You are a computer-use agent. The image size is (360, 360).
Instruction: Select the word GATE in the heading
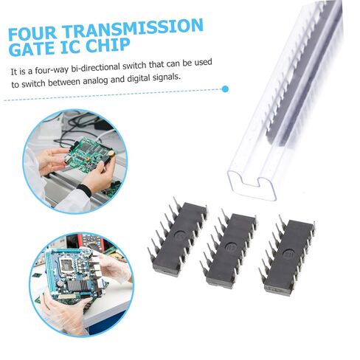32,48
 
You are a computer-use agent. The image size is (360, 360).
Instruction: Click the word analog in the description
95,80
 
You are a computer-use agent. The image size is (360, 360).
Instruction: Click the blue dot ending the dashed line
225,89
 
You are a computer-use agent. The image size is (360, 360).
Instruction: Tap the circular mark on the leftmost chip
179,235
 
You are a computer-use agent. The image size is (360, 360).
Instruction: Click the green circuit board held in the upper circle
89,153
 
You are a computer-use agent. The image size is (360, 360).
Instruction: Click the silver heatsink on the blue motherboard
76,286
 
